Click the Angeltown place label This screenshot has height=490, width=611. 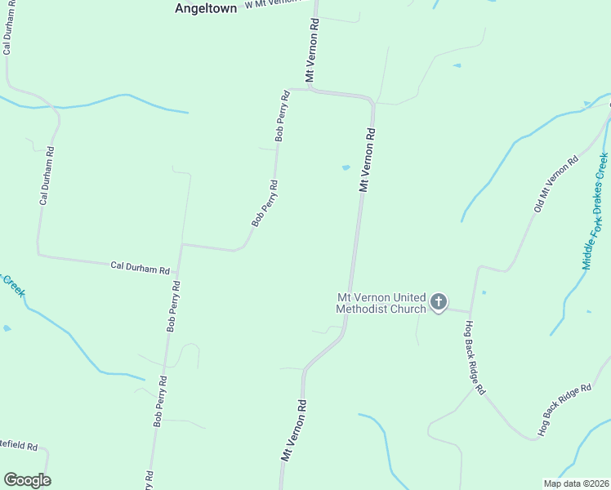click(206, 8)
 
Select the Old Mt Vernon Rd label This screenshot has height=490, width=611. click(555, 184)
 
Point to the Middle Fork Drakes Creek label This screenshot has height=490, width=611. click(595, 211)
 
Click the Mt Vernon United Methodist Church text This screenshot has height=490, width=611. click(381, 303)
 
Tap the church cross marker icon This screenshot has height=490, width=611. click(439, 303)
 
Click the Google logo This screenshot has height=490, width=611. click(27, 480)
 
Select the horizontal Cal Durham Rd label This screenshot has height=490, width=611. click(140, 268)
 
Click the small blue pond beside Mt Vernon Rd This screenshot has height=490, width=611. click(346, 168)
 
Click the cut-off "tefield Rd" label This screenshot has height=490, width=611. click(20, 447)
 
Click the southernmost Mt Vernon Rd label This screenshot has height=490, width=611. click(294, 430)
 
